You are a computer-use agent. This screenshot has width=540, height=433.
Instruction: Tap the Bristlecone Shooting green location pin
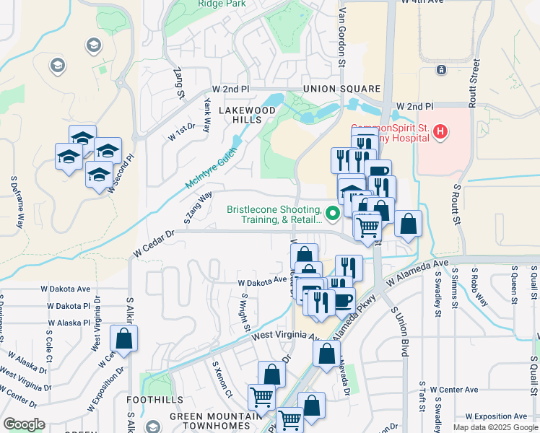(333, 213)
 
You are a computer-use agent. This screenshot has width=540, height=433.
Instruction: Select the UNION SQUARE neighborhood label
(331, 89)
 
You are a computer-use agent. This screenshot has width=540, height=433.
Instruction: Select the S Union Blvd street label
(401, 333)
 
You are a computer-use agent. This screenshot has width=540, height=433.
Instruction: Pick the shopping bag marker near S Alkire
(124, 338)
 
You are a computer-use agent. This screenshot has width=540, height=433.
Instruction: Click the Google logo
(24, 424)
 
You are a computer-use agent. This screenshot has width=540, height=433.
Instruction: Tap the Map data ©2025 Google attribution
(495, 427)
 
